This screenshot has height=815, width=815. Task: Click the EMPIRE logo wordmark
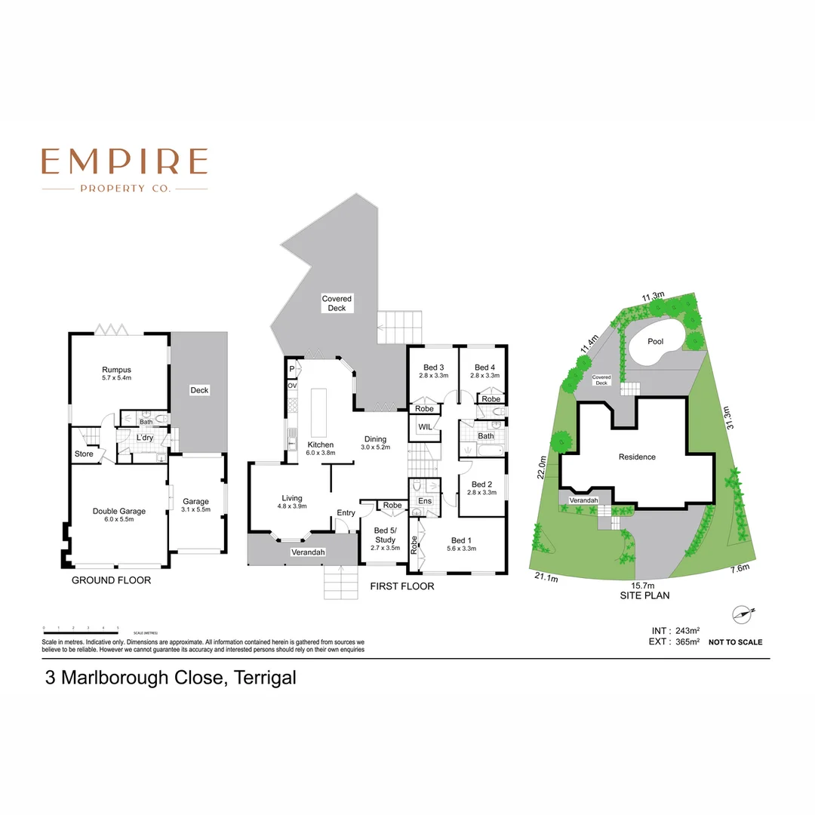(x=125, y=161)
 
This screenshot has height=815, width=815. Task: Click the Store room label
(x=84, y=454)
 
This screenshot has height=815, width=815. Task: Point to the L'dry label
(x=145, y=438)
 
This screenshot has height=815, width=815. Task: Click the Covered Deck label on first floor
(x=337, y=303)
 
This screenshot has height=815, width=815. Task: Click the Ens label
(x=424, y=500)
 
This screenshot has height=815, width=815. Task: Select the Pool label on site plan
(x=655, y=341)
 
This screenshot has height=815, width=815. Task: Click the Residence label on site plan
(x=637, y=457)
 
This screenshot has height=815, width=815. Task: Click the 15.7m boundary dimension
(x=642, y=585)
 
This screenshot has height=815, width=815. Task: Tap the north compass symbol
(x=743, y=614)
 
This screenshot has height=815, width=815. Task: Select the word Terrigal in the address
(x=264, y=678)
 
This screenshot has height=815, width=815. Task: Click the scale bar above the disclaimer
(x=81, y=628)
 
